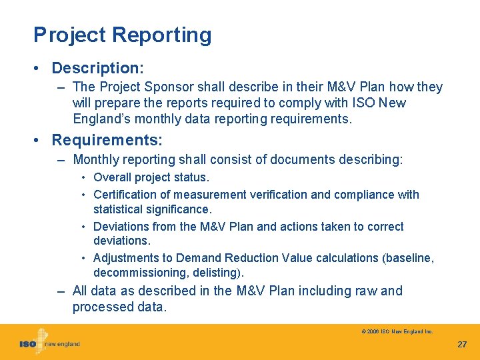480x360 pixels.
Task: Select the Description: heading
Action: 98,68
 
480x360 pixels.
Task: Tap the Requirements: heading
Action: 107,140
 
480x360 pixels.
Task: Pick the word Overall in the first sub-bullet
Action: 112,177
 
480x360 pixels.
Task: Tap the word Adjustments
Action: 125,258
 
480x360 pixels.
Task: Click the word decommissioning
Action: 135,273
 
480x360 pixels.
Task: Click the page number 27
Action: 462,345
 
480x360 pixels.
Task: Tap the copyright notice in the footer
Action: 397,331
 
